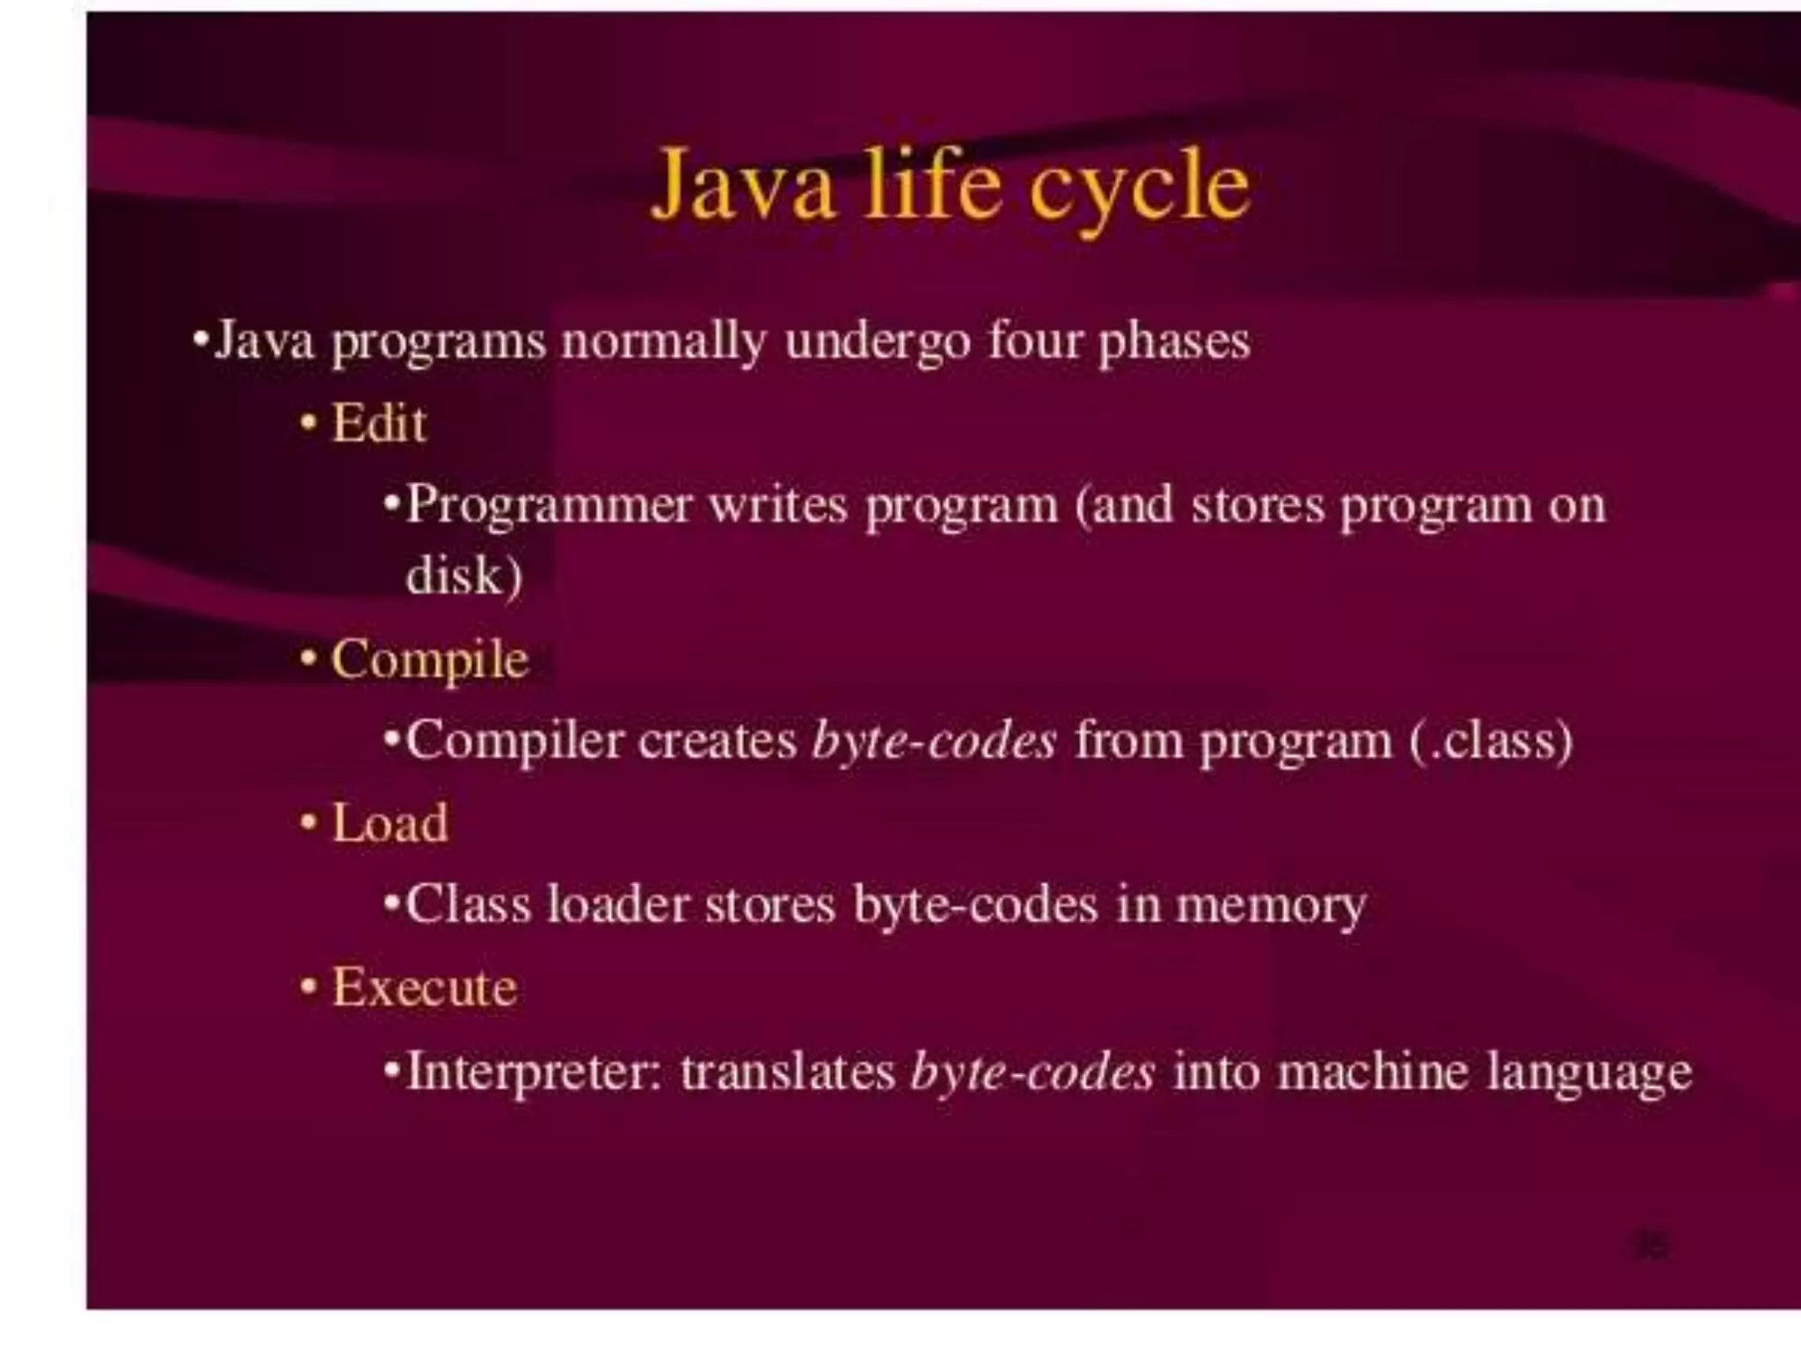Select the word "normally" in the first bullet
click(x=662, y=341)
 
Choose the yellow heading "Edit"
click(x=379, y=424)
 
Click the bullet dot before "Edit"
click(x=308, y=424)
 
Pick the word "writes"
click(x=777, y=506)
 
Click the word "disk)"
click(x=464, y=576)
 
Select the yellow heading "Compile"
click(x=430, y=660)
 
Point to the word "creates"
click(x=717, y=741)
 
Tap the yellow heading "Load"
click(x=390, y=824)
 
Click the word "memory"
click(x=1271, y=906)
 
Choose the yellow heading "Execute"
click(x=424, y=987)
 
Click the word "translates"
click(x=787, y=1071)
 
